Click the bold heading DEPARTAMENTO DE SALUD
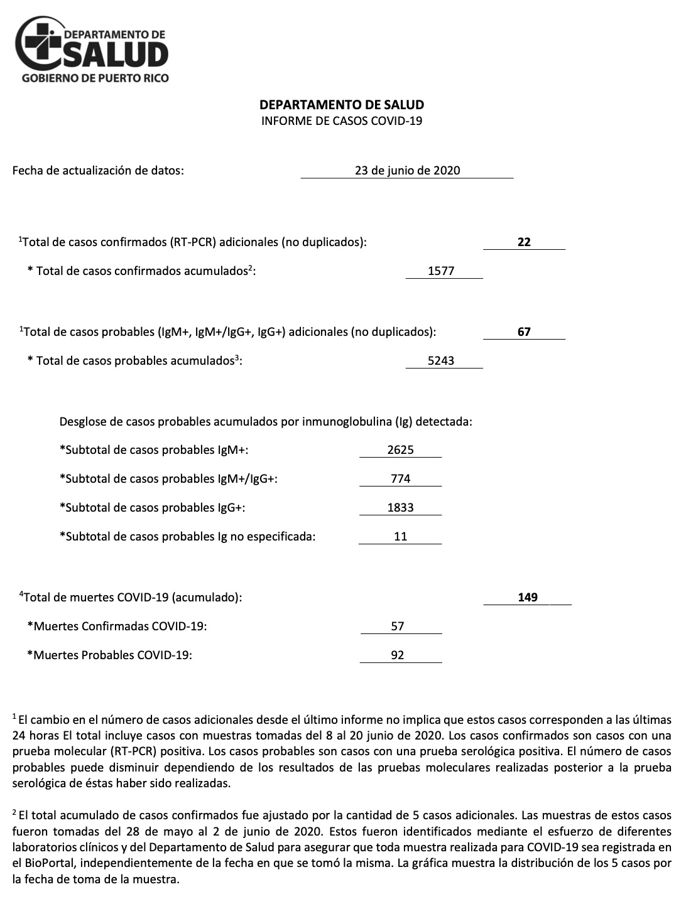click(342, 105)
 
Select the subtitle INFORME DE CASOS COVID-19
click(342, 121)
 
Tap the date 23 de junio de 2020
click(407, 170)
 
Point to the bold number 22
click(524, 242)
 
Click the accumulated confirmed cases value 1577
click(441, 271)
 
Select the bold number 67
click(524, 331)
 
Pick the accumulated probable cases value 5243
click(441, 361)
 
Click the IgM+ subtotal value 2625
click(400, 449)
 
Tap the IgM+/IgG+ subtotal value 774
click(400, 478)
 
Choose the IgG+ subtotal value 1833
click(400, 507)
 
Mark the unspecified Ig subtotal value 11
click(400, 536)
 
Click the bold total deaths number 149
click(528, 597)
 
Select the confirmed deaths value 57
click(397, 626)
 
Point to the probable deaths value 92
click(397, 655)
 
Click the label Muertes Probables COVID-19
click(109, 655)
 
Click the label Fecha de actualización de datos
click(98, 170)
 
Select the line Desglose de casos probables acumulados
click(266, 421)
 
